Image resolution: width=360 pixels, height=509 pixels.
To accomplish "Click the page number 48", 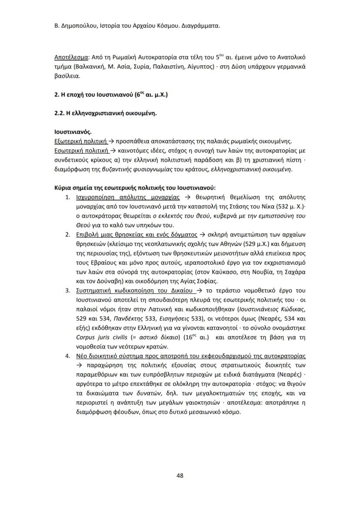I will (180, 475).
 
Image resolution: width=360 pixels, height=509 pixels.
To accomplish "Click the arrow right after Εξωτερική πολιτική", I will (111, 141).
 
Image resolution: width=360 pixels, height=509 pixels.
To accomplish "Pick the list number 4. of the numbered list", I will (68, 355).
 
